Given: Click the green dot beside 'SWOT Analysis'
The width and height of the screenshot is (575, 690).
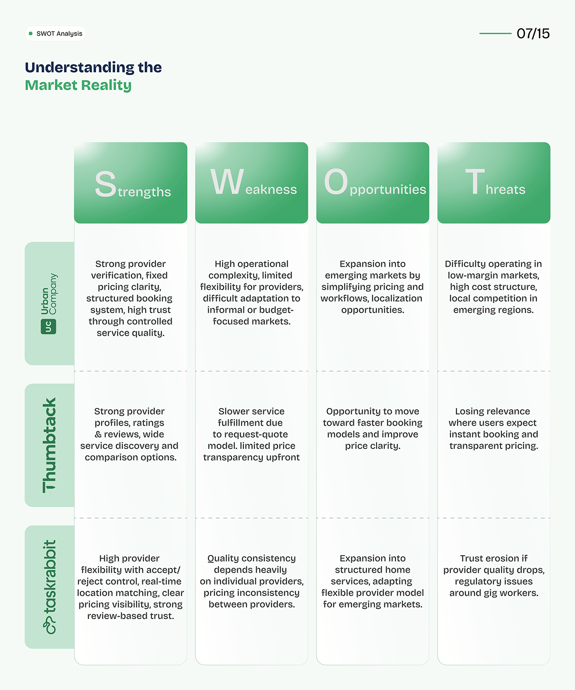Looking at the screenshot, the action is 31,33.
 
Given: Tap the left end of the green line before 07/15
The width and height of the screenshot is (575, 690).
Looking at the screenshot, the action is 479,33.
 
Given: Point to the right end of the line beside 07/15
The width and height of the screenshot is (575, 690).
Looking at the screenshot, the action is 511,33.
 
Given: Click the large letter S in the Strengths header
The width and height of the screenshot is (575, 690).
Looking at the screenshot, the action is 105,184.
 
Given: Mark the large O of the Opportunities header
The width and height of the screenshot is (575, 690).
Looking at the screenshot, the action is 336,181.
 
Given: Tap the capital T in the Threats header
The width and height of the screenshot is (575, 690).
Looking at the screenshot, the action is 475,181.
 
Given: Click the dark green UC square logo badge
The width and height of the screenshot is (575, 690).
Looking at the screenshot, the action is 49,327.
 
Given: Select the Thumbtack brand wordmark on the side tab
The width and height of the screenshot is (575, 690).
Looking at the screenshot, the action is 49,445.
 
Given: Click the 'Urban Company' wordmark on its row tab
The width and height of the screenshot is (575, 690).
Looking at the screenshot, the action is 49,294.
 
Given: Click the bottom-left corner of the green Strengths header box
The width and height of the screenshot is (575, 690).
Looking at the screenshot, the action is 74,223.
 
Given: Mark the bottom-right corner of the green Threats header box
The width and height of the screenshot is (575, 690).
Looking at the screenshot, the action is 550,223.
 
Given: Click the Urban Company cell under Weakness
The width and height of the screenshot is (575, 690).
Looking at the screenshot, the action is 251,293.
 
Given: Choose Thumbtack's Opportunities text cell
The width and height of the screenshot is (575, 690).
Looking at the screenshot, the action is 373,428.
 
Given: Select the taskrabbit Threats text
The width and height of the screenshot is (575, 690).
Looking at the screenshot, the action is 494,575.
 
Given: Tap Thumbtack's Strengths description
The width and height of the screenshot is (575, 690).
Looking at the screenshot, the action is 129,434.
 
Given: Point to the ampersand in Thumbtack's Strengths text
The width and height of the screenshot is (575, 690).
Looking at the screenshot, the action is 98,434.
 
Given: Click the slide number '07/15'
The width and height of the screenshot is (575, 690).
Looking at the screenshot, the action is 533,33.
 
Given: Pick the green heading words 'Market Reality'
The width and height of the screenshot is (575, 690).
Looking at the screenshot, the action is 78,85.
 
